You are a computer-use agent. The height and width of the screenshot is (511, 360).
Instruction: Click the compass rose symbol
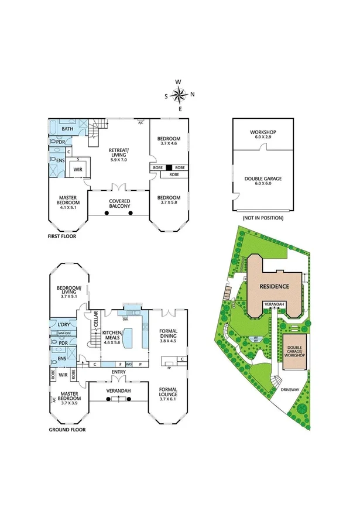coord(180,95)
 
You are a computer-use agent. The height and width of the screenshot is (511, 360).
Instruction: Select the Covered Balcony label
coord(119,204)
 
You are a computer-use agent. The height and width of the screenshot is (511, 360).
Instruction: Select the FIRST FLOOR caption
coord(66,238)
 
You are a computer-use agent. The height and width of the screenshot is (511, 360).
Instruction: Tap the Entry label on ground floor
coord(119,372)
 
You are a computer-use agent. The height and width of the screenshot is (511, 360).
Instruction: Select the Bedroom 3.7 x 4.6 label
coord(169,141)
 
